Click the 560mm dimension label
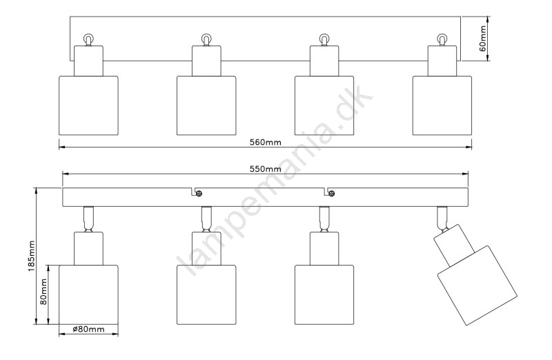(265, 142)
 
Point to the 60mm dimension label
(482, 39)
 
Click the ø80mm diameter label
(88, 330)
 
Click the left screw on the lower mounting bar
(198, 193)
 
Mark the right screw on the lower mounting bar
(331, 193)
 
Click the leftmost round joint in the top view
(88, 39)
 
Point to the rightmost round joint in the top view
(442, 39)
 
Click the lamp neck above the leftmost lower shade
(88, 246)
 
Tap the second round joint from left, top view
(206, 39)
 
